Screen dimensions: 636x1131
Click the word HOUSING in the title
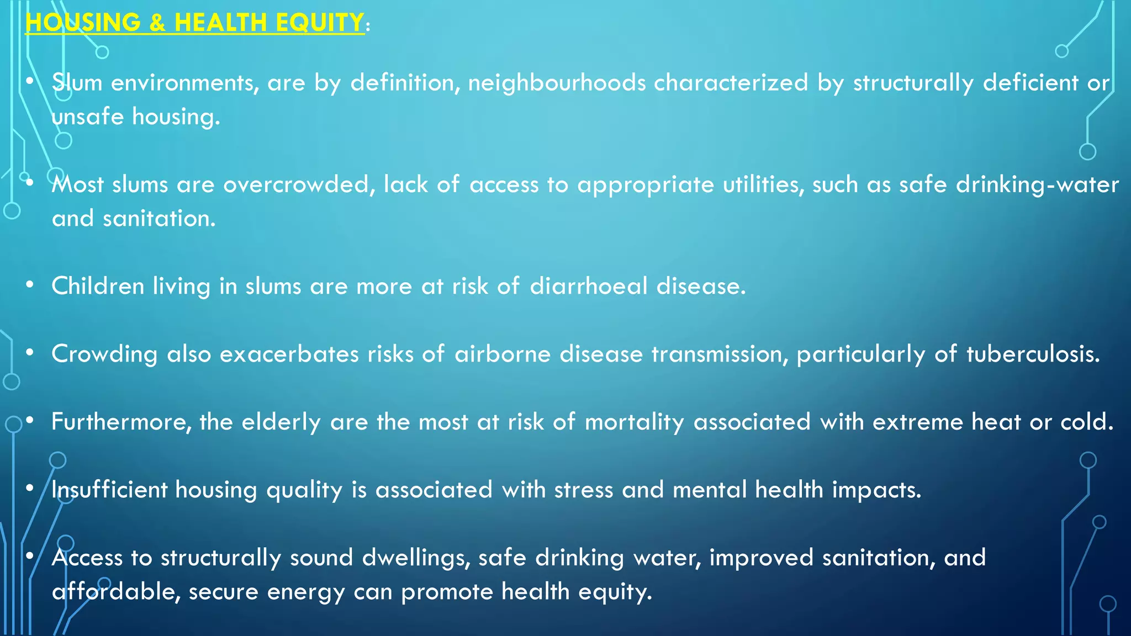pyautogui.click(x=83, y=23)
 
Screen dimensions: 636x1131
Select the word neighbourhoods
pyautogui.click(x=557, y=83)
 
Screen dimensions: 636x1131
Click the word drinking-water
pyautogui.click(x=1037, y=184)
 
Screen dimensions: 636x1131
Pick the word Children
pyautogui.click(x=98, y=286)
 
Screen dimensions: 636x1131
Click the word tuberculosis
pyautogui.click(x=1033, y=354)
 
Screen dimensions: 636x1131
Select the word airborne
pyautogui.click(x=503, y=354)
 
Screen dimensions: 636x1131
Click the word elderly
pyautogui.click(x=281, y=422)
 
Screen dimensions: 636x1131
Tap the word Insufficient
pyautogui.click(x=109, y=490)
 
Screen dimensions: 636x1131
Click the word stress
pyautogui.click(x=583, y=490)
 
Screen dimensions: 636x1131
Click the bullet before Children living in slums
pyautogui.click(x=30, y=285)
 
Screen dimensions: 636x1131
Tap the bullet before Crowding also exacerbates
pyautogui.click(x=30, y=353)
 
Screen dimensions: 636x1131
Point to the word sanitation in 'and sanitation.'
pyautogui.click(x=158, y=219)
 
